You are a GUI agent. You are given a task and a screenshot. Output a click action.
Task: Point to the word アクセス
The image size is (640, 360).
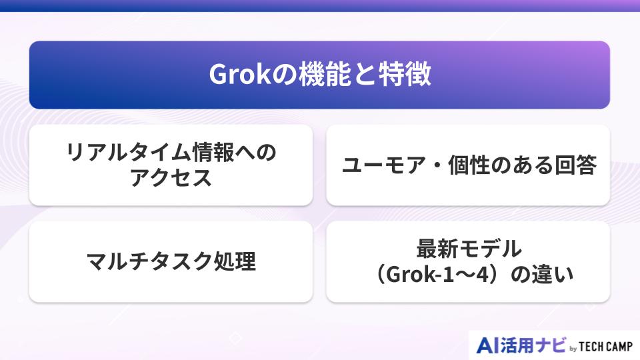171,178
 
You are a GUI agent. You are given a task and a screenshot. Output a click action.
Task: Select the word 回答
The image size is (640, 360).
574,165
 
